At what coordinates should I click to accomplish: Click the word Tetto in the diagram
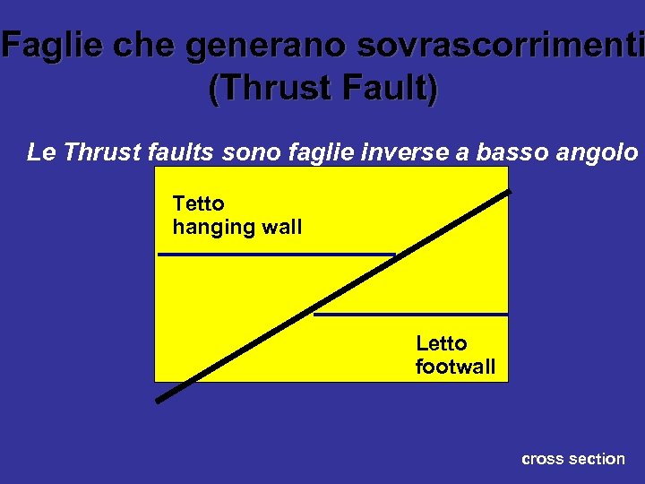(x=198, y=204)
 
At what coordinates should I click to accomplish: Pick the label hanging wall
(x=236, y=228)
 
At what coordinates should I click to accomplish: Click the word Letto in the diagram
(x=442, y=343)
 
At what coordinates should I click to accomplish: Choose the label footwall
(x=455, y=367)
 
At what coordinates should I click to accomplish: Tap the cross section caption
(x=572, y=459)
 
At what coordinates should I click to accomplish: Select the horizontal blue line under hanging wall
(x=269, y=255)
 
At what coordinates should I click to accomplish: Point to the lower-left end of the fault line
(x=159, y=400)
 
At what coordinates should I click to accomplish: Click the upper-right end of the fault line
(x=507, y=193)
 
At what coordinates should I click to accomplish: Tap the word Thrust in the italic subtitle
(x=97, y=152)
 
